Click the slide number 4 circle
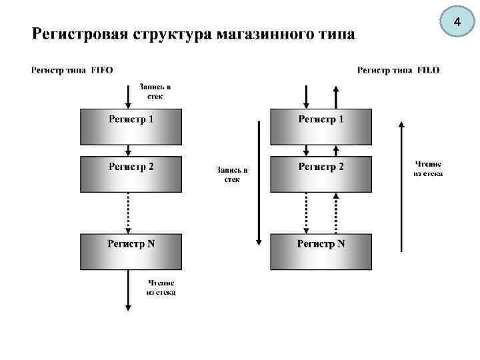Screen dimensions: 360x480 (x=457, y=23)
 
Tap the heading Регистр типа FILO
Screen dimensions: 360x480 (x=399, y=69)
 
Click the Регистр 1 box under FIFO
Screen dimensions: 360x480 (x=131, y=127)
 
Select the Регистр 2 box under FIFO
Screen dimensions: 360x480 (x=131, y=174)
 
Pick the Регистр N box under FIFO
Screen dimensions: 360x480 (x=131, y=251)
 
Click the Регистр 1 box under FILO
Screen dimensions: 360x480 (x=321, y=127)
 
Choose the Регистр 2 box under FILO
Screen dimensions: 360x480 (x=321, y=174)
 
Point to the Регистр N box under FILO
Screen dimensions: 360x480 (x=321, y=251)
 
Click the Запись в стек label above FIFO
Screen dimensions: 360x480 (x=154, y=91)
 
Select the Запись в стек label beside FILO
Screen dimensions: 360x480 (x=231, y=175)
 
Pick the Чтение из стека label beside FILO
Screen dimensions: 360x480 (x=427, y=169)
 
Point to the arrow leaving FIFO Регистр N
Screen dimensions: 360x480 (x=128, y=290)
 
